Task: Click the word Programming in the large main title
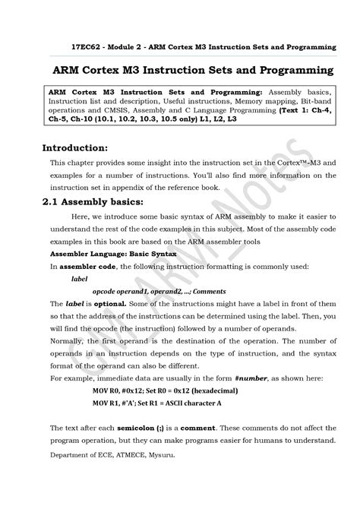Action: [x=285, y=71]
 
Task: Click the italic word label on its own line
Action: [x=78, y=278]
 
